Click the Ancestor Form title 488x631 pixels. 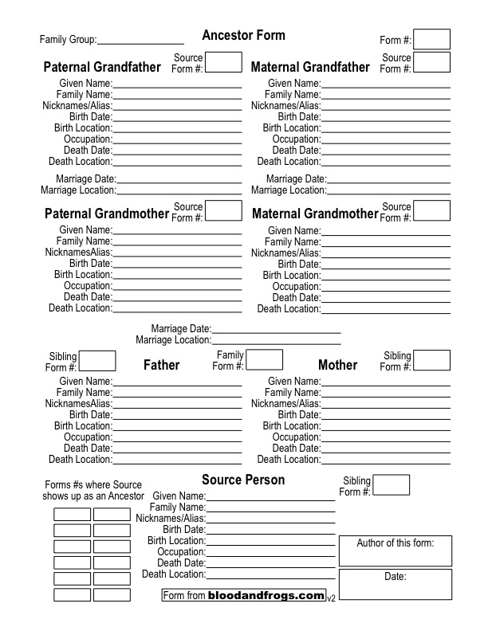[x=243, y=36]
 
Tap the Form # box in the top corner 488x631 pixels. [x=431, y=39]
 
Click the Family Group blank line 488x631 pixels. [x=140, y=40]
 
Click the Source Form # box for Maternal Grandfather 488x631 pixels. [x=431, y=62]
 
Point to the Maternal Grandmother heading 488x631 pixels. [x=315, y=214]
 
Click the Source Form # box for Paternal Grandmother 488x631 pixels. [x=223, y=210]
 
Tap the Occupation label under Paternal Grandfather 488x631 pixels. [x=88, y=139]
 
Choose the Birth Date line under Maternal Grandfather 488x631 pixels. [x=385, y=117]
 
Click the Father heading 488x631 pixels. [x=161, y=365]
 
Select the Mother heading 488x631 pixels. [x=337, y=365]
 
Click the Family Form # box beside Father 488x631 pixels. [x=264, y=360]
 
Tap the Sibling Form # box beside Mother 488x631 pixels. [x=431, y=360]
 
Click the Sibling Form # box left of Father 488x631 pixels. [x=97, y=360]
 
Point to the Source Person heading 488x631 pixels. [x=242, y=480]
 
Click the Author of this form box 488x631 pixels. [x=396, y=551]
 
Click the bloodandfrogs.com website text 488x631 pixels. [x=266, y=595]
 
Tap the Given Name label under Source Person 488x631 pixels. [x=179, y=496]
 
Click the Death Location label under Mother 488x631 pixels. [x=289, y=460]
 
